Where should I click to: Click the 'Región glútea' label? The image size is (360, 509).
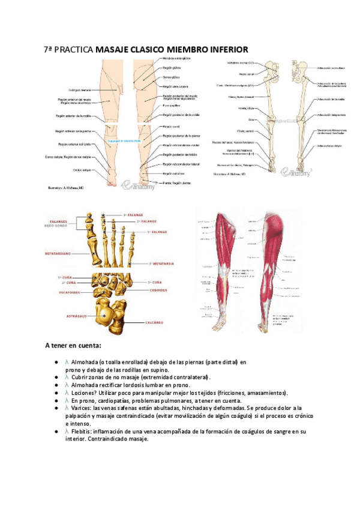(x=172, y=68)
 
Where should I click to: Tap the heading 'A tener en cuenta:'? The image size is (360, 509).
(x=73, y=345)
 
